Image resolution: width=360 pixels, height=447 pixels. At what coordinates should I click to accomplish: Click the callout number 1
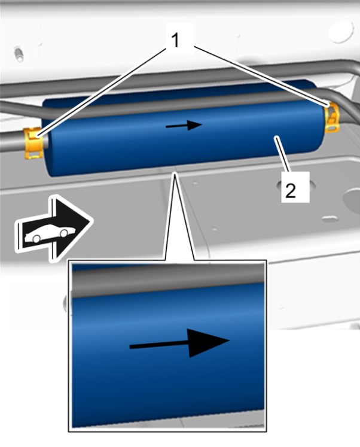175,40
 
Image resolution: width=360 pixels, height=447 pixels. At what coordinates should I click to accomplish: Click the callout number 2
291,190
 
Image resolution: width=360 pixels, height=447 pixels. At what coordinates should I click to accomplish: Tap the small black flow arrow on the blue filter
184,125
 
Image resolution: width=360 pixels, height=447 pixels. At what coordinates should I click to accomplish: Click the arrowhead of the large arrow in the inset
209,342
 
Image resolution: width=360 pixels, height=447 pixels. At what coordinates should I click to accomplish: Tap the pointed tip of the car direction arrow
93,221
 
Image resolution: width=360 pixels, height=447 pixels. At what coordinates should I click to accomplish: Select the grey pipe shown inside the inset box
168,281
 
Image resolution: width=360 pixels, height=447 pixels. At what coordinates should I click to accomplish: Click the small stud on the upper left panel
19,54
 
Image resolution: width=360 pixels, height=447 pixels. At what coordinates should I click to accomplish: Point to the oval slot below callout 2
330,219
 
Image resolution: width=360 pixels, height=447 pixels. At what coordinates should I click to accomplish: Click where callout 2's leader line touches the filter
275,137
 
